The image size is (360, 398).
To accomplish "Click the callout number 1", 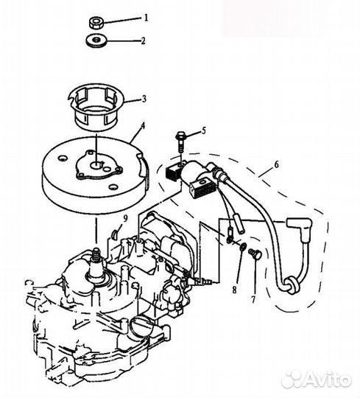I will (x=146, y=16).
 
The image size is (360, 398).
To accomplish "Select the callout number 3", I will (x=145, y=97).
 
